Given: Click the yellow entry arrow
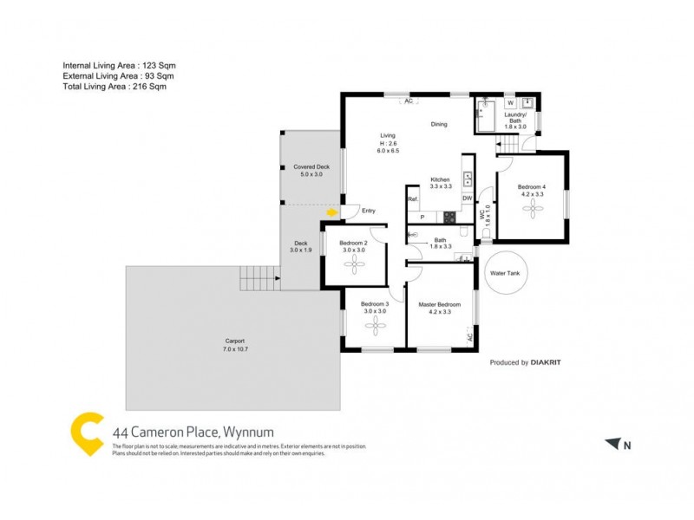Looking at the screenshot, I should pos(331,211).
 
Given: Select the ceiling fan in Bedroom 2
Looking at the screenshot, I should pos(353,265).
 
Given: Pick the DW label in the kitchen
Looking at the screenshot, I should pos(467,198).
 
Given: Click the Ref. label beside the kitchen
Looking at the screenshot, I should pos(413,199).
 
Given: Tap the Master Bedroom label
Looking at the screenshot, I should pos(439,304).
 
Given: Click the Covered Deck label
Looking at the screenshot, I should pos(311,166).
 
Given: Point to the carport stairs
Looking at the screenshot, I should pos(258,279).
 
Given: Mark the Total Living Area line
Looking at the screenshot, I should pos(115,87).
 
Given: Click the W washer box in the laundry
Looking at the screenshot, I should pos(510,103).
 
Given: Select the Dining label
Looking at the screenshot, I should pos(439,124).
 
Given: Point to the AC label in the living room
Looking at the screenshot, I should pos(407,101).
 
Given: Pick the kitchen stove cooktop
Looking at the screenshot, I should pos(449,217).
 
